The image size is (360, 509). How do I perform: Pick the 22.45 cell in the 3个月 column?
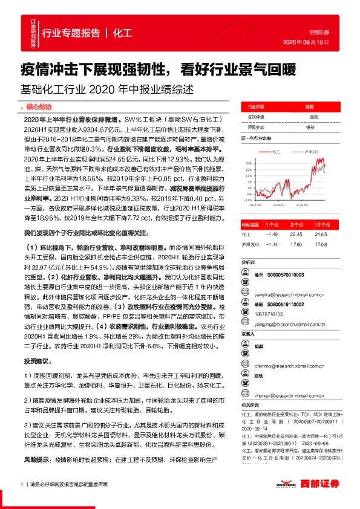(x=295, y=233)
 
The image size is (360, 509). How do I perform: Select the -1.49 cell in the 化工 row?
(x=272, y=233)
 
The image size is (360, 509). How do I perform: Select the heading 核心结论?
(x=40, y=106)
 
